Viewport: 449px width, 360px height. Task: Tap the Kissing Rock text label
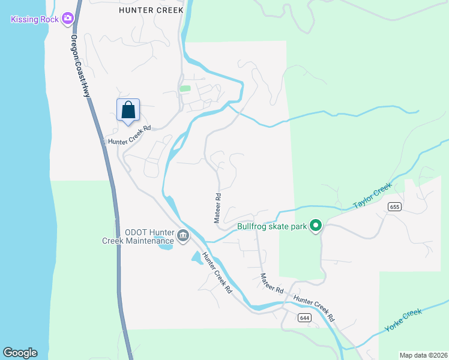(x=35, y=20)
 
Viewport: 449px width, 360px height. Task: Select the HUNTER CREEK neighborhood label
(x=149, y=10)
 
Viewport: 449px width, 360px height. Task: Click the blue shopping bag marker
(x=128, y=110)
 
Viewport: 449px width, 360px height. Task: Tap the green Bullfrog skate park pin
(x=316, y=226)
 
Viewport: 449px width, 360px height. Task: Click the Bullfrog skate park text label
(x=272, y=226)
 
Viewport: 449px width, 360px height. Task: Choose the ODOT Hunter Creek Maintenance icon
(x=183, y=238)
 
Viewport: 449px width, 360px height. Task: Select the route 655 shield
(x=394, y=207)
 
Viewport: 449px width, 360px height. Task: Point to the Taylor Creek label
(x=372, y=196)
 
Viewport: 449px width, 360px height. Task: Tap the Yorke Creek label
(x=403, y=322)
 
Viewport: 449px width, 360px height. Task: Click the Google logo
(x=20, y=353)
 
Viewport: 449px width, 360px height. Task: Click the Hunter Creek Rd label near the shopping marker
(x=128, y=134)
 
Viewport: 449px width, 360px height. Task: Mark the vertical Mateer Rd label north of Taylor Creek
(x=218, y=208)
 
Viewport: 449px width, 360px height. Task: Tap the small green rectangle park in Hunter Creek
(x=185, y=89)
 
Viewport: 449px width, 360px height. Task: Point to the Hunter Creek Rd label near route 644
(x=314, y=307)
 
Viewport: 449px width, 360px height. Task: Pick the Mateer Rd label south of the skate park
(x=272, y=283)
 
